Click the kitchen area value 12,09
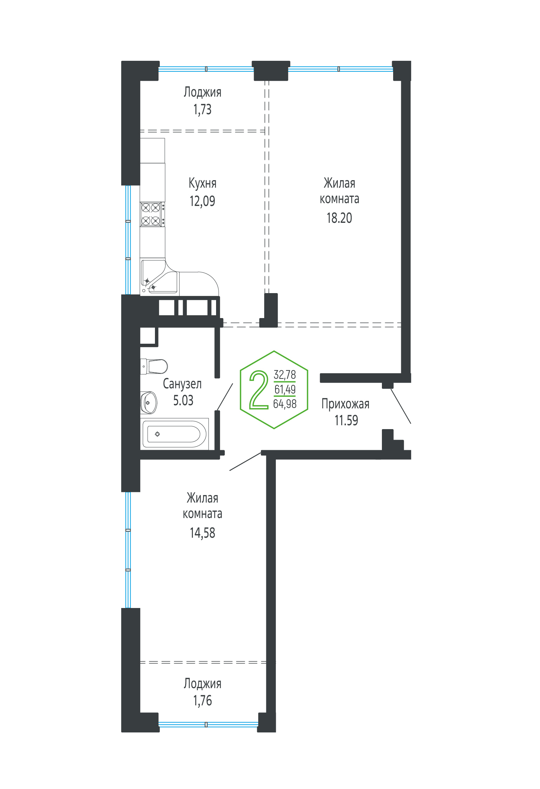pos(202,201)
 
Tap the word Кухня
pos(202,183)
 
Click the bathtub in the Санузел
pos(175,434)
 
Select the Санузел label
pos(182,384)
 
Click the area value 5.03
pos(183,400)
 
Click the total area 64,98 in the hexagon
pos(285,404)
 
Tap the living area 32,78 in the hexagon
pos(285,375)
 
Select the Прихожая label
pos(345,404)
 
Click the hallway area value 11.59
pos(346,420)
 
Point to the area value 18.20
pos(339,218)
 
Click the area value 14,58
pos(202,533)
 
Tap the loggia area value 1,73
pos(202,110)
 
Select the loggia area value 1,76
pos(202,700)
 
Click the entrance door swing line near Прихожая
pos(401,406)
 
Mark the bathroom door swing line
pos(225,397)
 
